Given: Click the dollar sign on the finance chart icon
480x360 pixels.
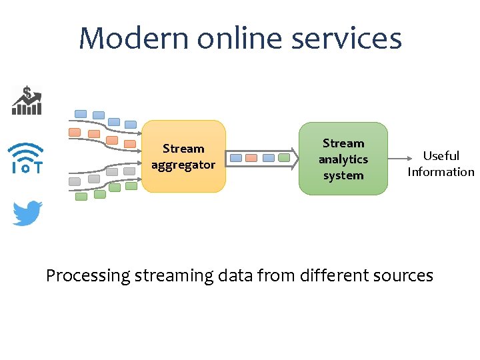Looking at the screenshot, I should tap(27, 92).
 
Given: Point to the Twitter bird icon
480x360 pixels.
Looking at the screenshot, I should tap(27, 213).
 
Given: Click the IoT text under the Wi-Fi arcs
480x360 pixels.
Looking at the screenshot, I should tap(27, 168).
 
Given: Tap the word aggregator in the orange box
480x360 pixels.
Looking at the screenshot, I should tap(183, 165).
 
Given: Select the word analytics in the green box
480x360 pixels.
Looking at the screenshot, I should tap(343, 159).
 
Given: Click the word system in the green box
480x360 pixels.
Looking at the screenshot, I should tap(343, 175).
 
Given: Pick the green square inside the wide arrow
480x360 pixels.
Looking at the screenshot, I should tap(284, 158).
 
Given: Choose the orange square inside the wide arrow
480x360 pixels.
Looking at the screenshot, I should tap(251, 158).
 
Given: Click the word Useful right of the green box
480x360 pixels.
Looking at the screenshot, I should tap(441, 156).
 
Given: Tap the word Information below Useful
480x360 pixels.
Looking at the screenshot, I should tap(441, 172).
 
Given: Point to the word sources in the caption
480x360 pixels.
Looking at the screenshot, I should tap(405, 275).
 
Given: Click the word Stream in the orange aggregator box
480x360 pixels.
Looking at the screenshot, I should tap(183, 149).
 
